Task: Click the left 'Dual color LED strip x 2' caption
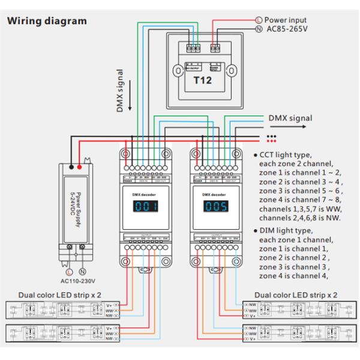pos(60,296)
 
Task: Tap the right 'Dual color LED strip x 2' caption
pos(296,296)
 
